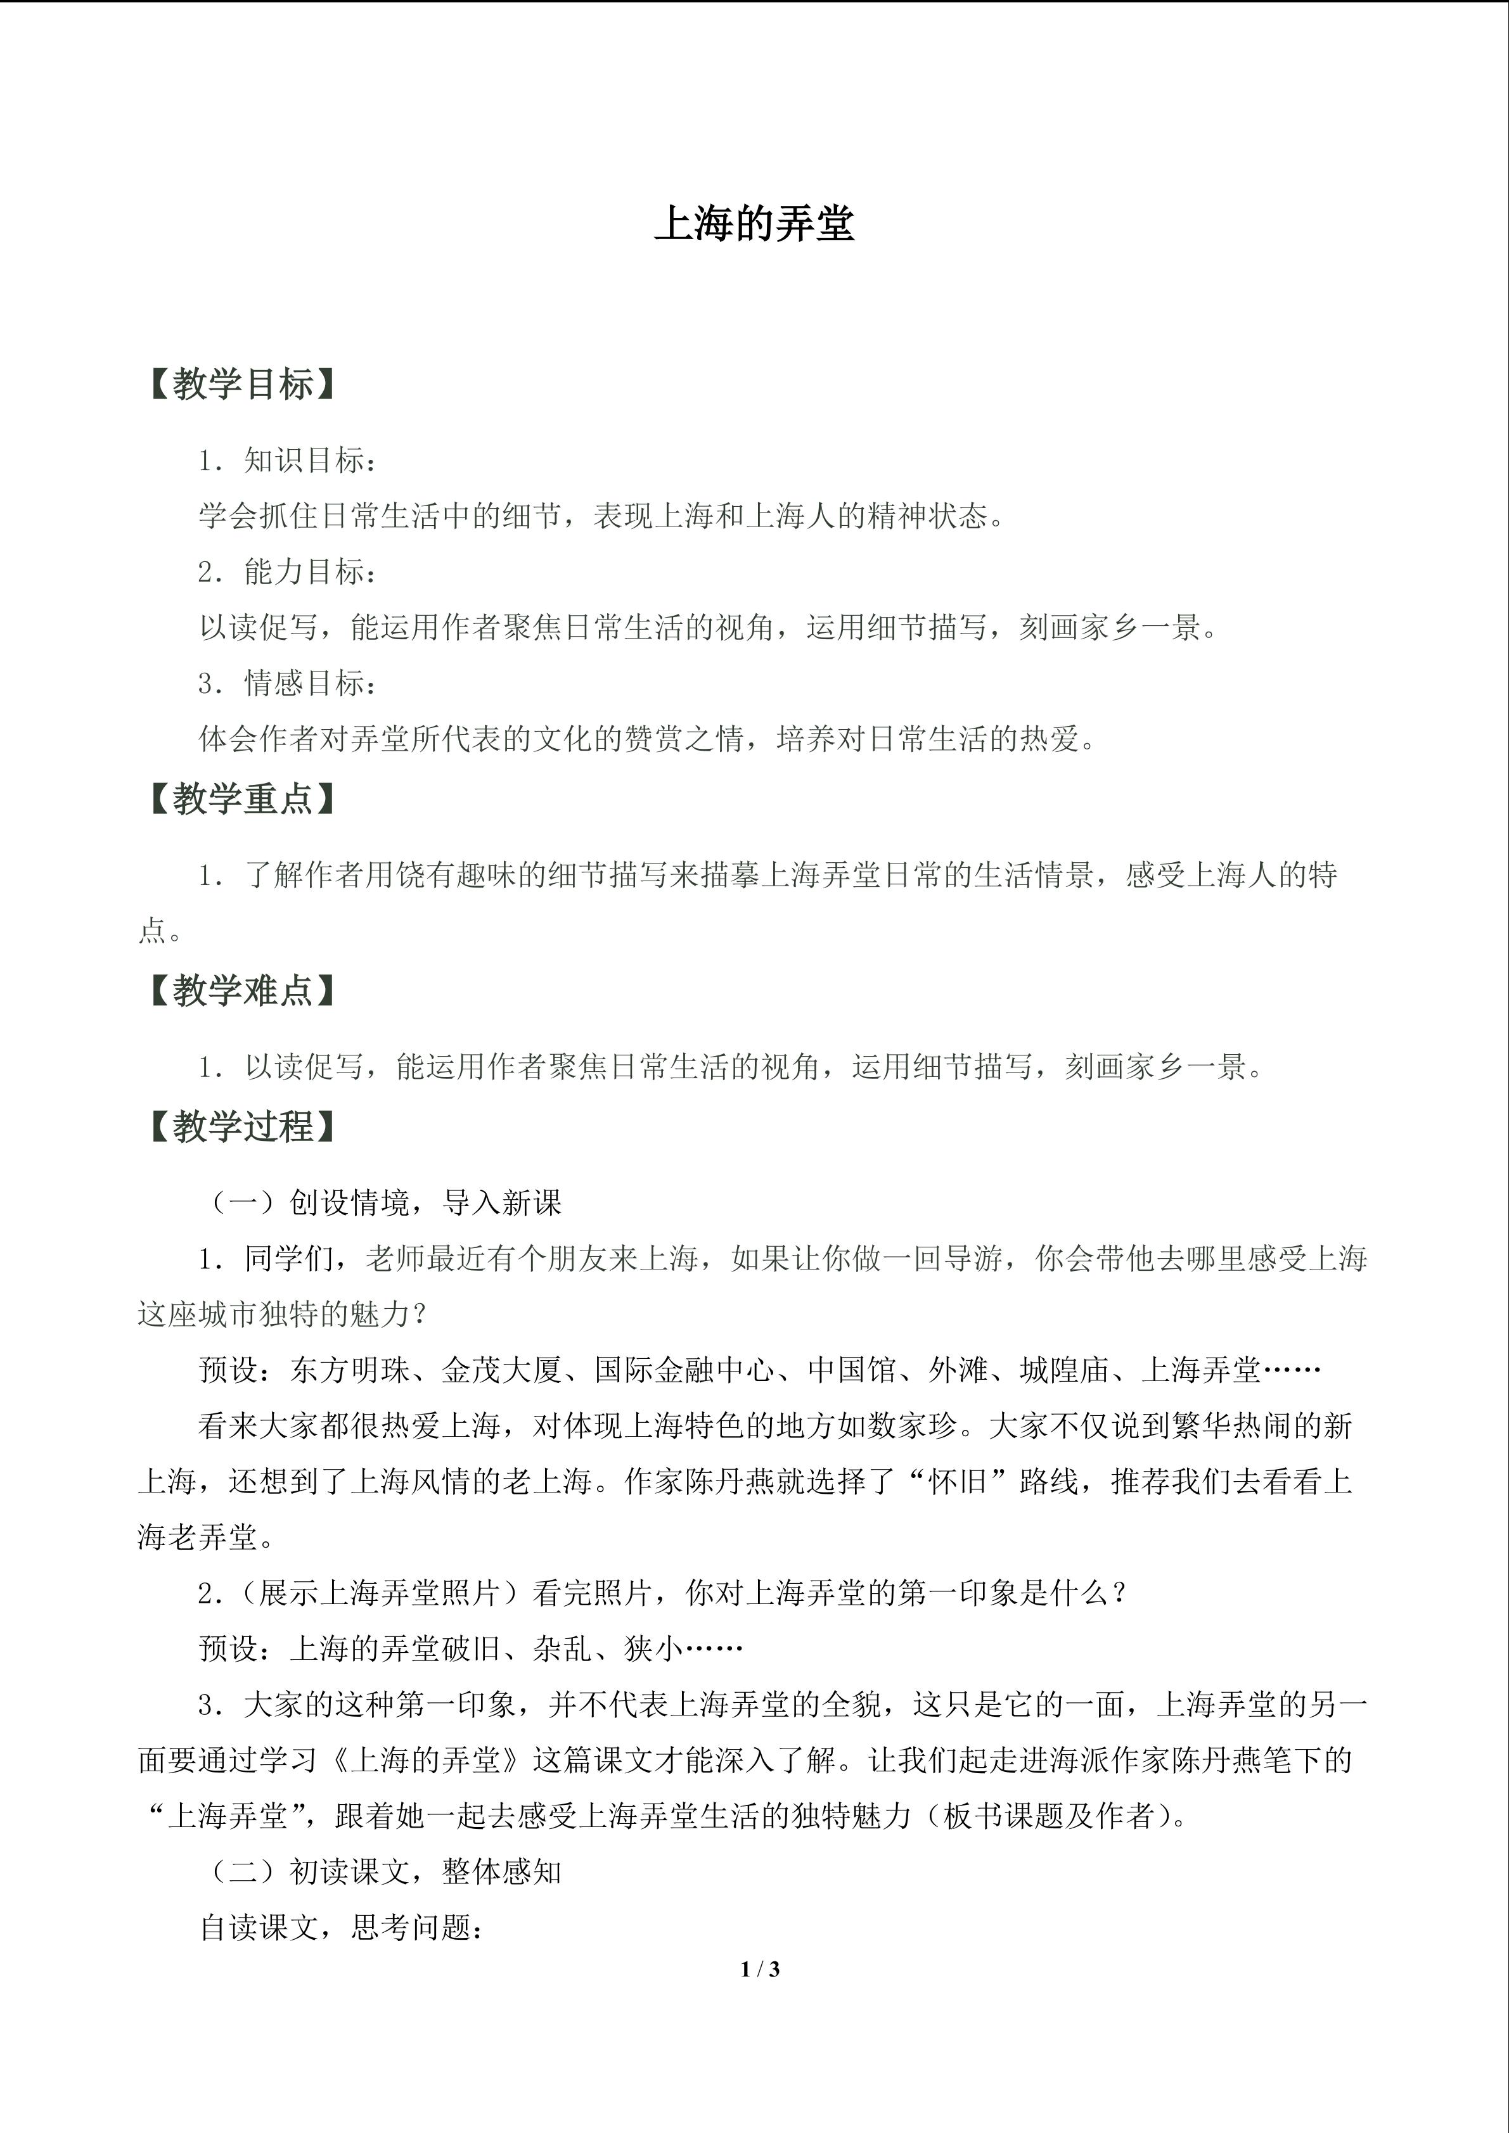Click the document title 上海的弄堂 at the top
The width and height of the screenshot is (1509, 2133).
tap(754, 224)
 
